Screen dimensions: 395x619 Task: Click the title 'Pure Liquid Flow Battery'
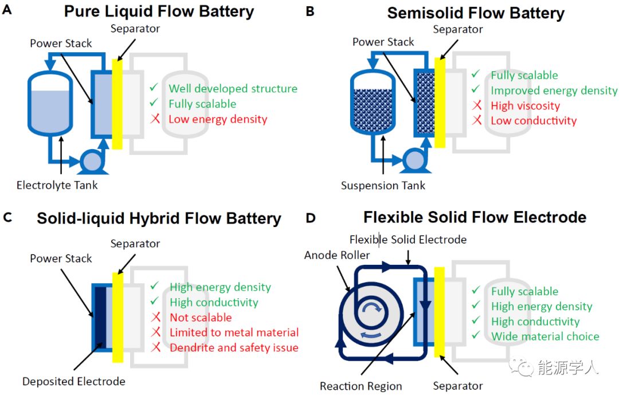(159, 11)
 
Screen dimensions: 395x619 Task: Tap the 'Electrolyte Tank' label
(57, 185)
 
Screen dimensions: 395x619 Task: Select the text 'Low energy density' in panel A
(218, 119)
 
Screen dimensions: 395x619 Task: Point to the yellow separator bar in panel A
(117, 103)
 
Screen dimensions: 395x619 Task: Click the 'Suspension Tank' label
(383, 185)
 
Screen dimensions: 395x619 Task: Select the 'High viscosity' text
(525, 105)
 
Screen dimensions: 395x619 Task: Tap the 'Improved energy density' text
(554, 91)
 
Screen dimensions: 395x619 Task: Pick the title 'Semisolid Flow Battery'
(476, 13)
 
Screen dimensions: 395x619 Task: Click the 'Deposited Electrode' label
(73, 381)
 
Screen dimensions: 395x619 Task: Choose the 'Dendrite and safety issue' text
(234, 347)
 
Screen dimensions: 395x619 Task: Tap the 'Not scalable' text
(201, 318)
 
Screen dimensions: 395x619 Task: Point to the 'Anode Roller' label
(337, 255)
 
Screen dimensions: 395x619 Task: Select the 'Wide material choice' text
(544, 337)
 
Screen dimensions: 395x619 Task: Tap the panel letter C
(7, 217)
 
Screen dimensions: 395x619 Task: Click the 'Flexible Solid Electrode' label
(408, 239)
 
